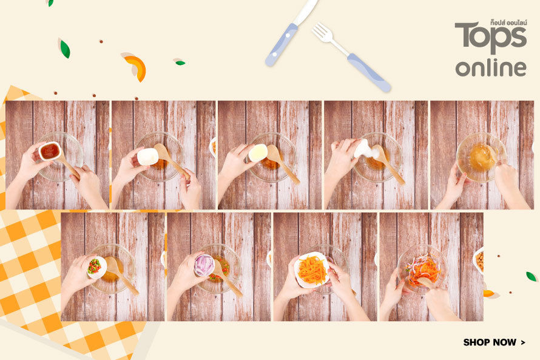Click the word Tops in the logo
(490, 38)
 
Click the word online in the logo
(491, 67)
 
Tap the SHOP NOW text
(490, 342)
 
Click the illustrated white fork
(351, 57)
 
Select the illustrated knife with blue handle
(291, 33)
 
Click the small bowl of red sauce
(50, 151)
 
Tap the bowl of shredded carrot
(312, 270)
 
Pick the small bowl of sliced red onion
(204, 265)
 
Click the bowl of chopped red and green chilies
(96, 267)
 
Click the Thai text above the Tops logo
(508, 22)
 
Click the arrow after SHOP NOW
(523, 342)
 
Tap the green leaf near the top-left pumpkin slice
(65, 49)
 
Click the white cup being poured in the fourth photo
(363, 148)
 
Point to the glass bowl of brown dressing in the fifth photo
(481, 157)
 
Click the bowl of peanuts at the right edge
(478, 261)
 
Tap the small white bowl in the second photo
(148, 157)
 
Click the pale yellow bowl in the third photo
(257, 152)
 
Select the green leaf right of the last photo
(532, 276)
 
